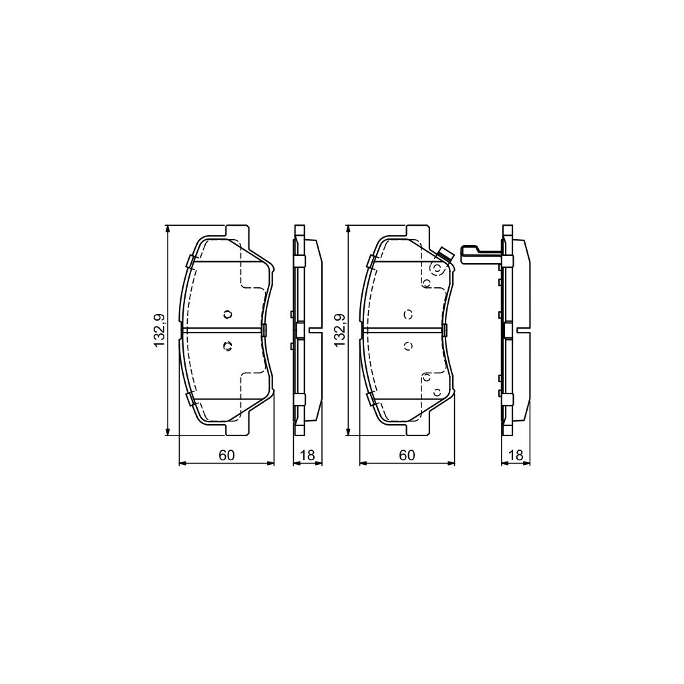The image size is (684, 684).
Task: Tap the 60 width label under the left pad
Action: [x=226, y=456]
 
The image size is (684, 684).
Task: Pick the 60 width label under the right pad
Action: [x=407, y=456]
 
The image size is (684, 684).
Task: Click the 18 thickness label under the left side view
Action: [x=307, y=456]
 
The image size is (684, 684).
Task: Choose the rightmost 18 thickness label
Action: [x=516, y=456]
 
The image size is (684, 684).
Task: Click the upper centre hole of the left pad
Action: [x=226, y=315]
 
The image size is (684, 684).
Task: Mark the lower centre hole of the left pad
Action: [x=226, y=345]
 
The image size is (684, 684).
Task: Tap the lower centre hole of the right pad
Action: [x=407, y=345]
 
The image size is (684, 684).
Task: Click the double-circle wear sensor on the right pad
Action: [x=436, y=269]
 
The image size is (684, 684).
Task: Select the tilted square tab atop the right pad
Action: [x=445, y=254]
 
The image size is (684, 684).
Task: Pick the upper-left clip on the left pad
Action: [x=190, y=261]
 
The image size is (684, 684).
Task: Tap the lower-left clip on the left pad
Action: [x=190, y=399]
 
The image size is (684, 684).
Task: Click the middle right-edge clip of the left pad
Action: [x=264, y=329]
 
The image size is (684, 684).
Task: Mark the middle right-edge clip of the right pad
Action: [x=444, y=329]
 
